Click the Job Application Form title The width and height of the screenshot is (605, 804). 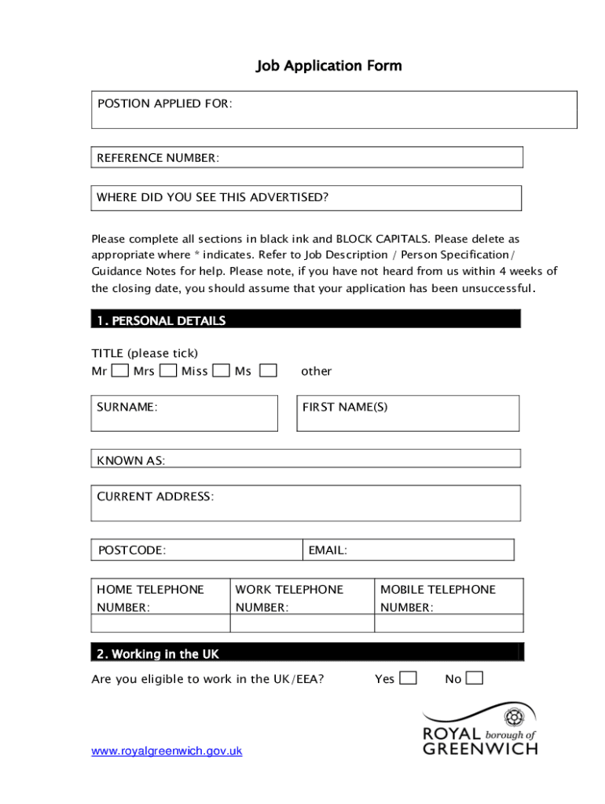[x=328, y=66]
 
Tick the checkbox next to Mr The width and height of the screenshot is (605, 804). [x=119, y=370]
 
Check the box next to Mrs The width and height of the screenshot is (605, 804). [x=167, y=370]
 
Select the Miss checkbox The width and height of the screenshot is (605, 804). [x=222, y=370]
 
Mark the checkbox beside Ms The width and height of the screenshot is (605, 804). [x=268, y=370]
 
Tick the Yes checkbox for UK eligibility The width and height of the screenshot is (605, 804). [x=408, y=678]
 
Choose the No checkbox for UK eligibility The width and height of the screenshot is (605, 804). [x=474, y=678]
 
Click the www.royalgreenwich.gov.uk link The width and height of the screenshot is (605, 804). [x=167, y=751]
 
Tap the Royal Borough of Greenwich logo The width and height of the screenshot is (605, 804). [x=480, y=730]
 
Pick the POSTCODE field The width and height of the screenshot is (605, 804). [x=197, y=550]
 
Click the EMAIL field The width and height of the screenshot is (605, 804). [x=408, y=550]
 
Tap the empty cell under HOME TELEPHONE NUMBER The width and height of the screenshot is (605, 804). [x=160, y=623]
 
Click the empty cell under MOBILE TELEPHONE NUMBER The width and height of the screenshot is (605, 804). [x=448, y=623]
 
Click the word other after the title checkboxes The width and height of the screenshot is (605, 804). [x=317, y=371]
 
